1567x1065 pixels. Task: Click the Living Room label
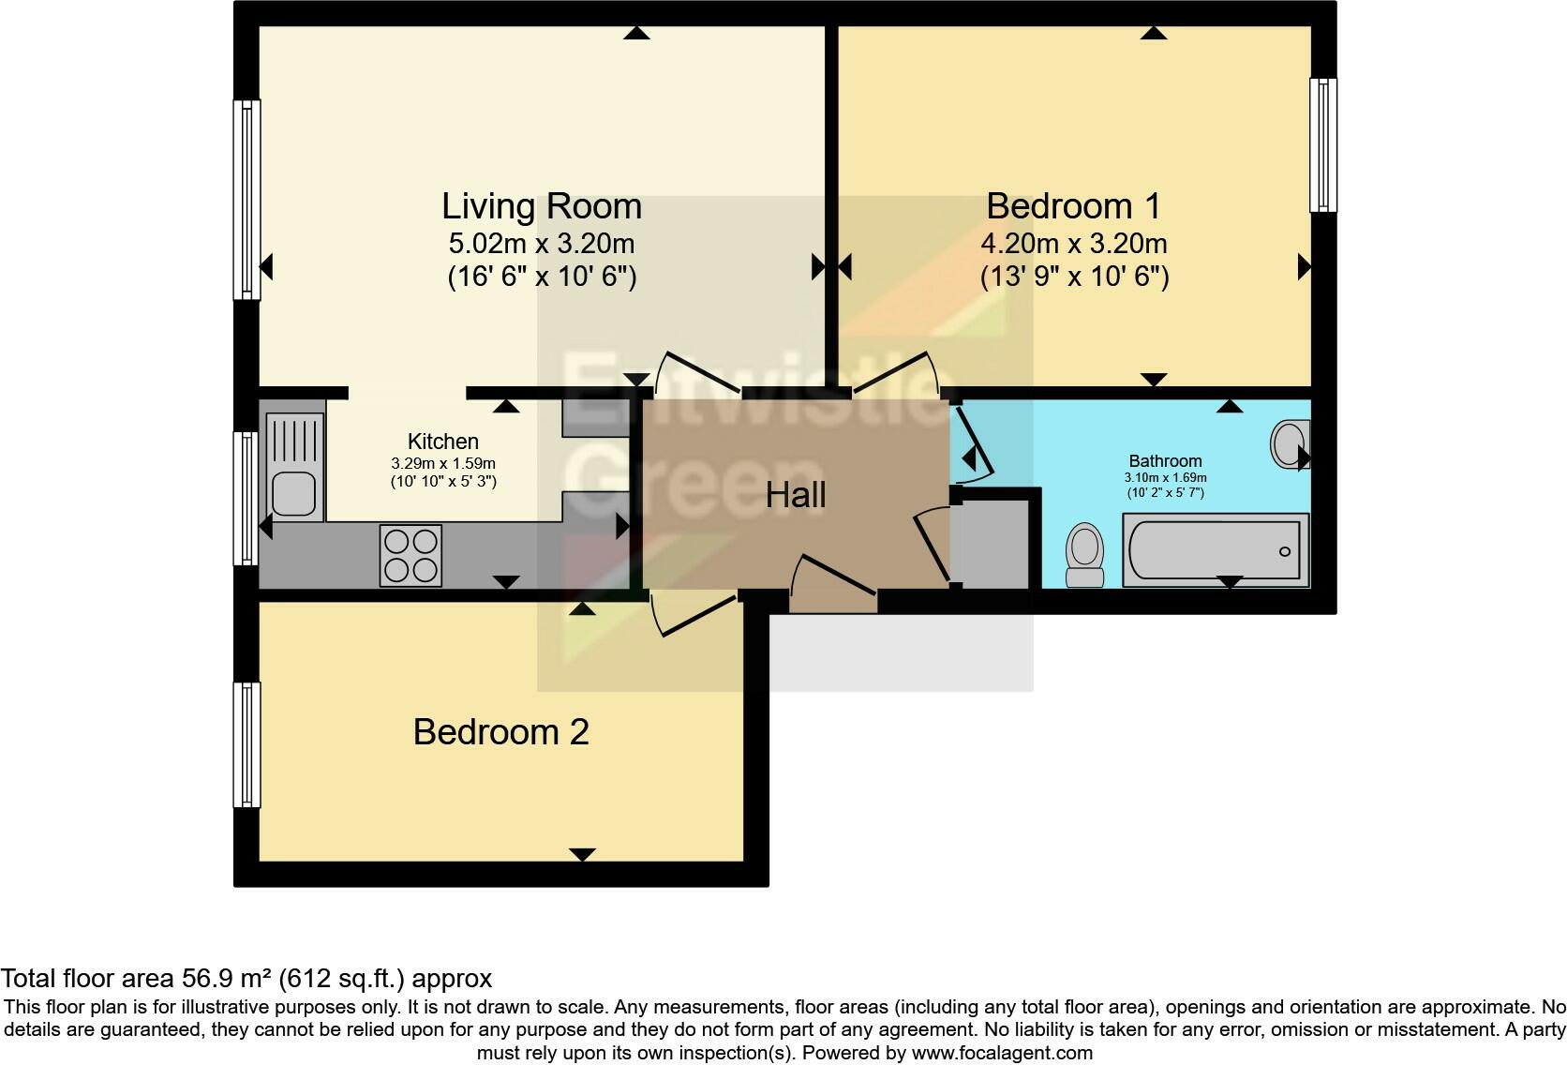(542, 206)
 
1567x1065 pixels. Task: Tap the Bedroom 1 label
(1074, 206)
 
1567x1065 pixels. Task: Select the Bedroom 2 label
(500, 732)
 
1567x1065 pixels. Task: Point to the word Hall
(796, 495)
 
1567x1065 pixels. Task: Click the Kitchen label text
(442, 442)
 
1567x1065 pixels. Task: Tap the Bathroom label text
(1166, 461)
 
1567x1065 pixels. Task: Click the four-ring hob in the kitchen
(410, 555)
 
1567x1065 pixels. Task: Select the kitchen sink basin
(294, 494)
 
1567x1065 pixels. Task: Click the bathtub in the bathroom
(1216, 550)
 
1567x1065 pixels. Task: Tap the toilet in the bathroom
(1085, 555)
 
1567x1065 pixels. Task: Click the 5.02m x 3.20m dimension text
(542, 244)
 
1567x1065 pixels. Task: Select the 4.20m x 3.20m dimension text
(1074, 244)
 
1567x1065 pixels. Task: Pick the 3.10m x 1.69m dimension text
(1166, 477)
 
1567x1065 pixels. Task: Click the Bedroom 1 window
(1322, 145)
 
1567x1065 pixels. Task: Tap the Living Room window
(246, 200)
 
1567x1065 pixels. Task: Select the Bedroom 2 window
(246, 744)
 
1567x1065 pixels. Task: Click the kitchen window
(246, 498)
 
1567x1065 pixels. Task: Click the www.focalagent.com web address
(1002, 1053)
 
